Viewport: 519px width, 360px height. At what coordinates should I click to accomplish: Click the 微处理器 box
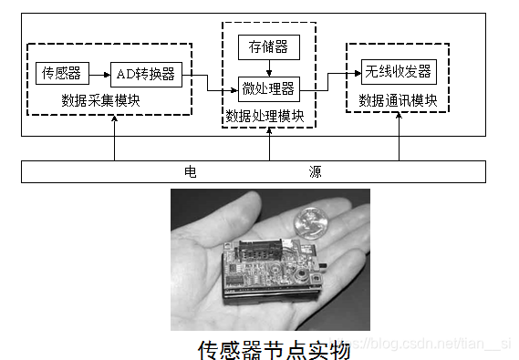point(268,88)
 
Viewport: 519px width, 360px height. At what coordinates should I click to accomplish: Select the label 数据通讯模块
point(399,99)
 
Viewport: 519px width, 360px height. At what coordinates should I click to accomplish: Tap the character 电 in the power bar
point(190,170)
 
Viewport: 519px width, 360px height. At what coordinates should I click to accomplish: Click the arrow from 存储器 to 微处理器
point(268,65)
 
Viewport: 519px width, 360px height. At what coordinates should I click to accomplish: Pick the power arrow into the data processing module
point(270,144)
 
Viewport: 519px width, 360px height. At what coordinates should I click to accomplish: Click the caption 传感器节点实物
point(274,348)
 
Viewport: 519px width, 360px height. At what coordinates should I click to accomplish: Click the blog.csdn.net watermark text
point(433,345)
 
